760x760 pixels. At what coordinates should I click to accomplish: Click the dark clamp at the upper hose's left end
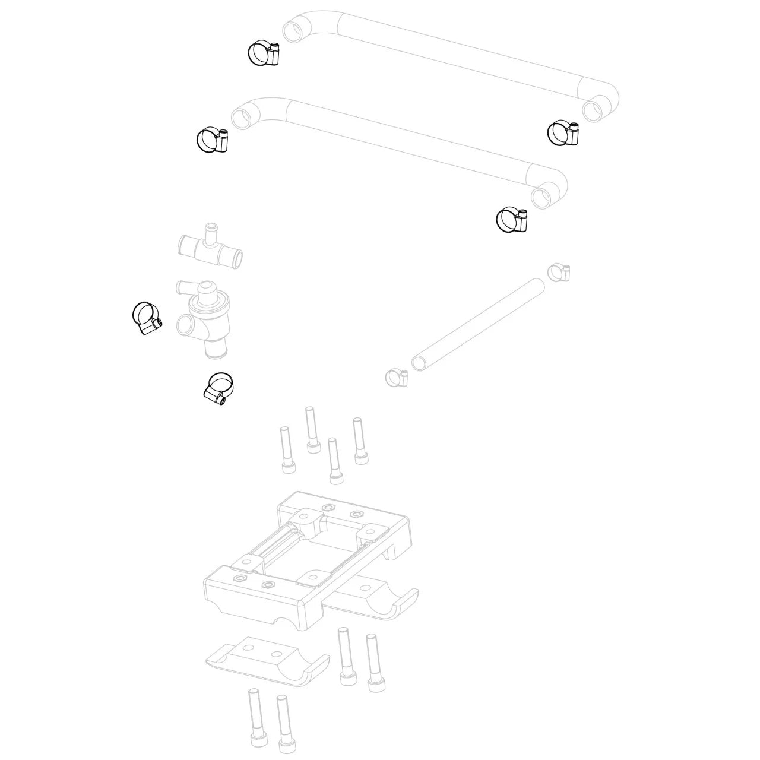click(x=262, y=53)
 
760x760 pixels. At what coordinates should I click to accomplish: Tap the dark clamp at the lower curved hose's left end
click(x=212, y=141)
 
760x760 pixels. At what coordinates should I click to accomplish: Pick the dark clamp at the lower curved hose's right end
click(x=511, y=220)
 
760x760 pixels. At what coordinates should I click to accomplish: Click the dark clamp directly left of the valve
click(x=145, y=317)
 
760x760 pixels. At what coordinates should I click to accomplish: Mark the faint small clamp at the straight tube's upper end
click(x=559, y=272)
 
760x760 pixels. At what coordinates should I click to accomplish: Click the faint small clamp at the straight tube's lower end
click(x=396, y=376)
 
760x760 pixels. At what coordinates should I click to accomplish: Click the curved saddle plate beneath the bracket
click(x=267, y=662)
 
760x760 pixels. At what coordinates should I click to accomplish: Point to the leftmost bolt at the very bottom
click(x=254, y=718)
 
